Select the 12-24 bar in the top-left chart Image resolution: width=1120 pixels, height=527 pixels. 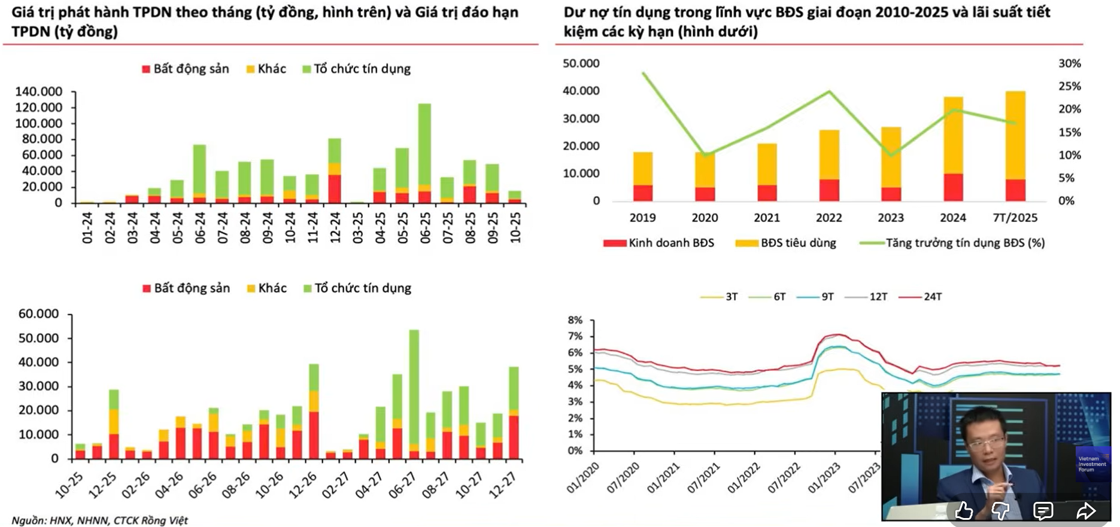335,172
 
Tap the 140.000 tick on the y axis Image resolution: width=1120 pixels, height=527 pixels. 39,92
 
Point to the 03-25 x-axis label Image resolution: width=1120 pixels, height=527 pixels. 357,227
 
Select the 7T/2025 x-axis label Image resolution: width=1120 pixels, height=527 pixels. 1015,218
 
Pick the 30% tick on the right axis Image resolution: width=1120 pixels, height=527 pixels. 1069,63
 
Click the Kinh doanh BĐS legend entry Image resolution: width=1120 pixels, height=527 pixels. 658,243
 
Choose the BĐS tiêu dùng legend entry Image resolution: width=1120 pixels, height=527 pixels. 785,243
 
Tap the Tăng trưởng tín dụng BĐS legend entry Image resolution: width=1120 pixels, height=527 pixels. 952,243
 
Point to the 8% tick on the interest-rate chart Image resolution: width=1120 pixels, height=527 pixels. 575,320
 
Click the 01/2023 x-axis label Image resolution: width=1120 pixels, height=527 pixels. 824,479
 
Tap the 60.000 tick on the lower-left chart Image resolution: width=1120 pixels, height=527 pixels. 39,314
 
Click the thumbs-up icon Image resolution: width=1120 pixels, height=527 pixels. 963,510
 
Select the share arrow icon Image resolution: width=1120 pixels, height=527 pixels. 1085,510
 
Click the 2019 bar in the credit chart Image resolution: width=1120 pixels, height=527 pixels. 643,176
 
